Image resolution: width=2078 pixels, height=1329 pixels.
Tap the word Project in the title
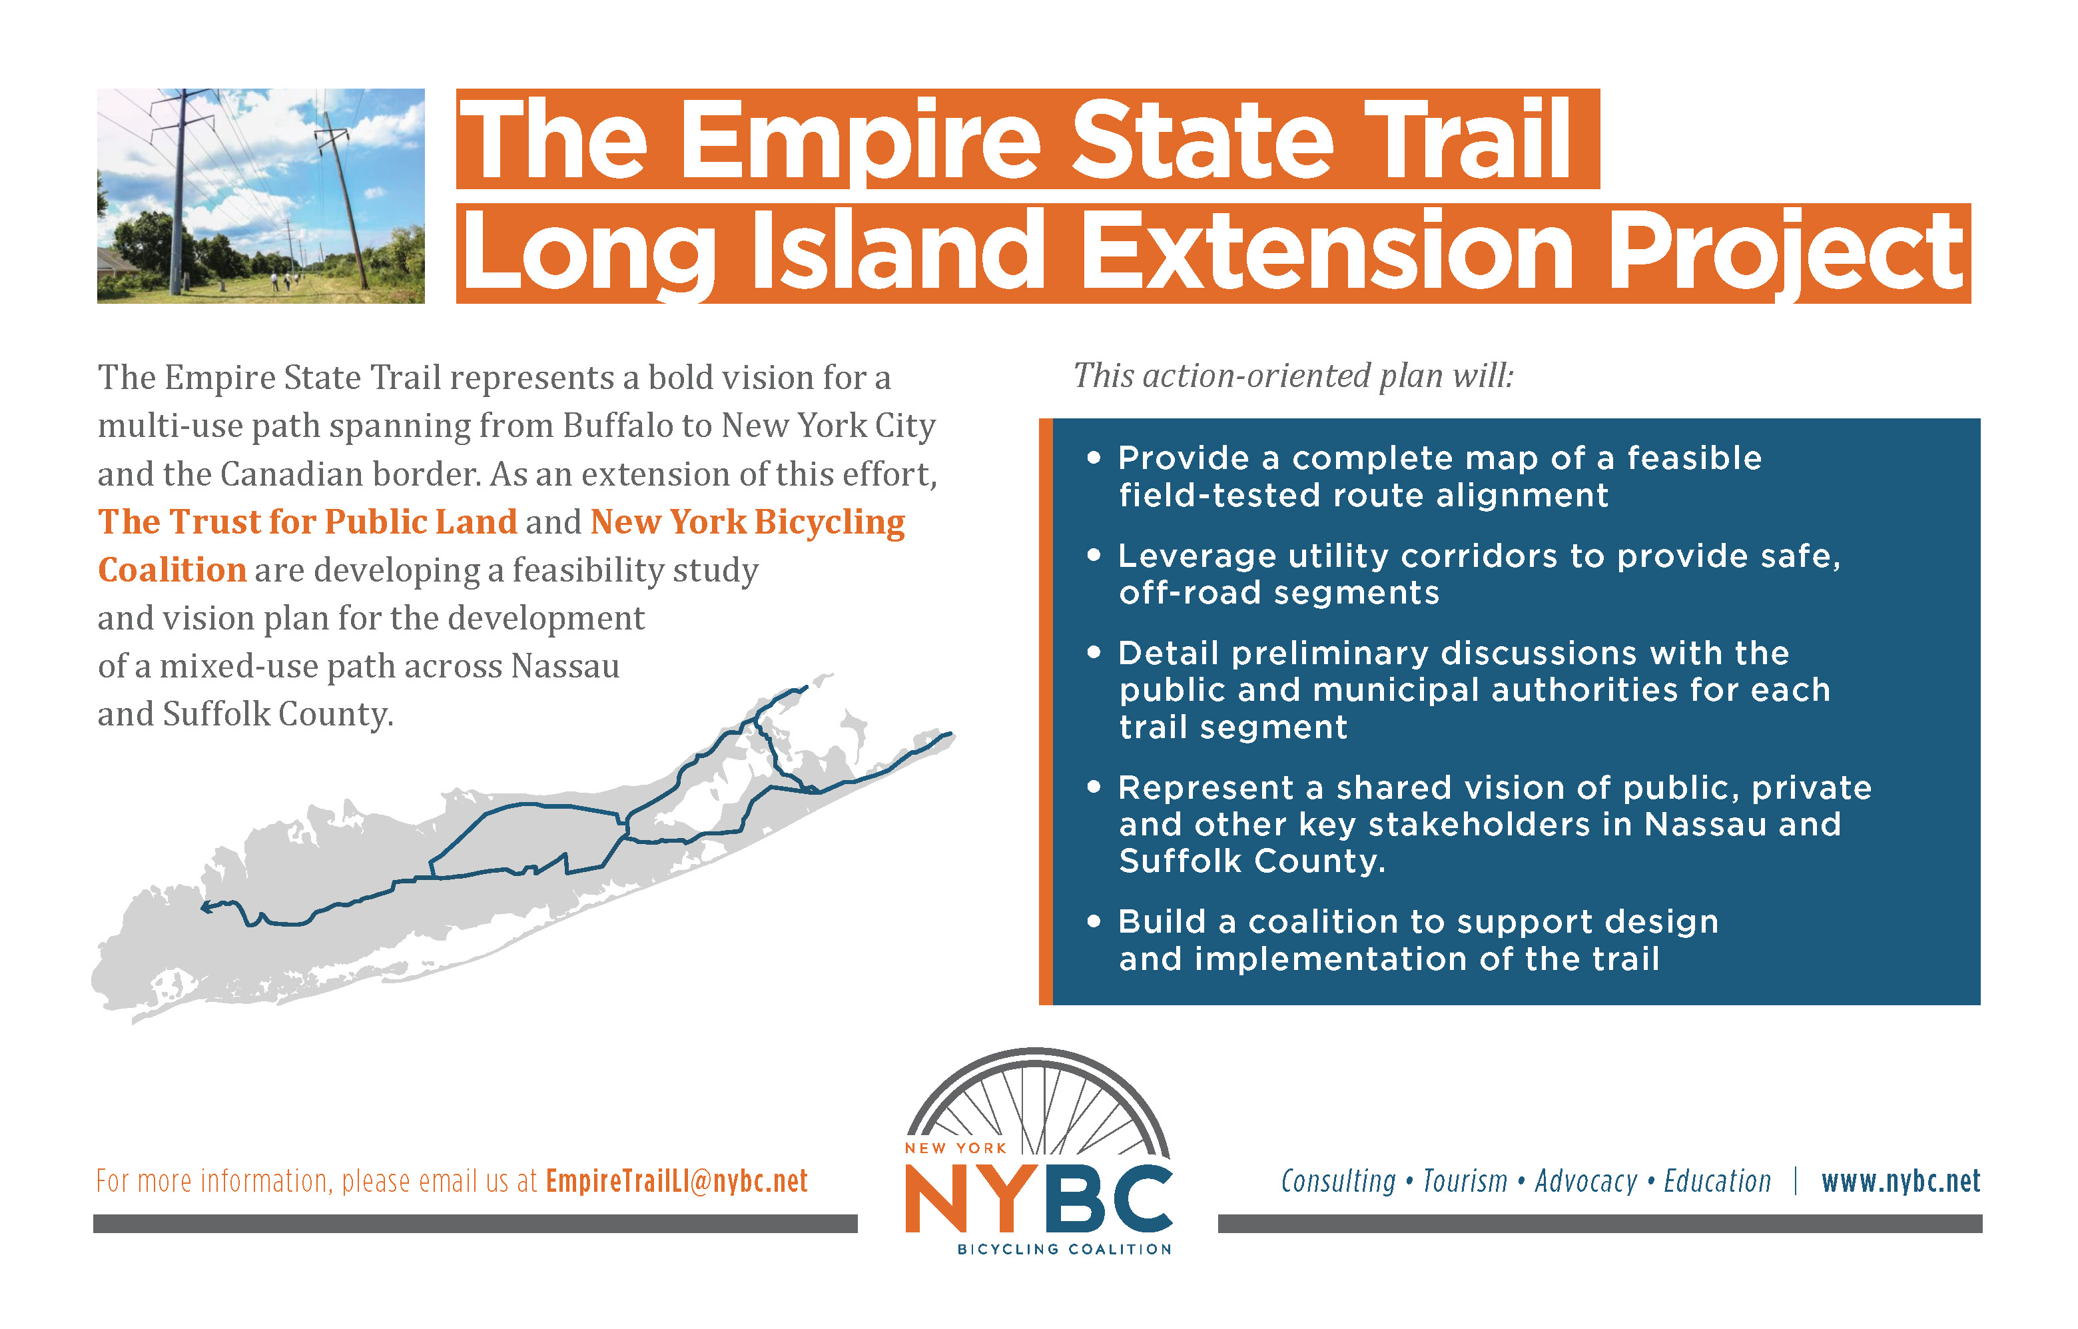point(1786,254)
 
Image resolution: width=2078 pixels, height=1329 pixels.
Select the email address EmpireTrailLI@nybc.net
point(677,1180)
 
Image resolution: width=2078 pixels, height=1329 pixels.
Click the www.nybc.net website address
point(1900,1180)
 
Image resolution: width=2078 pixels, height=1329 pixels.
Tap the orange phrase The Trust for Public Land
point(307,522)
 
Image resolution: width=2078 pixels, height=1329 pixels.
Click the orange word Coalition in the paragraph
point(173,570)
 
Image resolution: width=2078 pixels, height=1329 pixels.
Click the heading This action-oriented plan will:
point(1293,376)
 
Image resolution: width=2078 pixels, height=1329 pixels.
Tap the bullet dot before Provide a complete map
point(1094,458)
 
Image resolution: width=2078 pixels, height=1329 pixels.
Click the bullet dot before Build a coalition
point(1094,922)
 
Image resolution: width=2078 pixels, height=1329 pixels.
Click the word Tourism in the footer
point(1465,1180)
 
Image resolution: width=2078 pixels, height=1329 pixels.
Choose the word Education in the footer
point(1716,1180)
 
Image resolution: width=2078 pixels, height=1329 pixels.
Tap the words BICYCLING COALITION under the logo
point(1064,1249)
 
